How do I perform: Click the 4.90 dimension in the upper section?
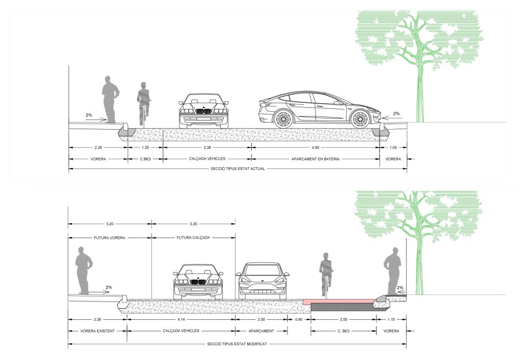(x=315, y=147)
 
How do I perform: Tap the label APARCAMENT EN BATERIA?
(x=315, y=159)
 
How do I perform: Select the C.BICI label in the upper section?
(x=145, y=159)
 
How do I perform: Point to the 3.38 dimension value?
(x=207, y=147)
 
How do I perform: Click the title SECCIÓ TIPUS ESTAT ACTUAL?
(x=238, y=169)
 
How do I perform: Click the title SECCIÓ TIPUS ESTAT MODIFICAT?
(x=237, y=344)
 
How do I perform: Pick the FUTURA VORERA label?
(x=110, y=238)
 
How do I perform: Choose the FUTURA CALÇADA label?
(x=193, y=238)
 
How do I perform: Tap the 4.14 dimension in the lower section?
(x=181, y=319)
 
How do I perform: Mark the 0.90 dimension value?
(x=299, y=319)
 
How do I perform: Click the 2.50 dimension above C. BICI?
(x=343, y=319)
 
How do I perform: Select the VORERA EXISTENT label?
(x=97, y=331)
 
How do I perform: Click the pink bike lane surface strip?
(x=339, y=301)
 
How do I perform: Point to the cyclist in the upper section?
(x=143, y=104)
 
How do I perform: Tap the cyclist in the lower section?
(x=326, y=274)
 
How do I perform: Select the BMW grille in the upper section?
(x=204, y=111)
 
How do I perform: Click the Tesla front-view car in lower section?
(x=262, y=280)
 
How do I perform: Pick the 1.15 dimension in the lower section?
(x=391, y=319)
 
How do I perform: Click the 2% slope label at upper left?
(x=89, y=115)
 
